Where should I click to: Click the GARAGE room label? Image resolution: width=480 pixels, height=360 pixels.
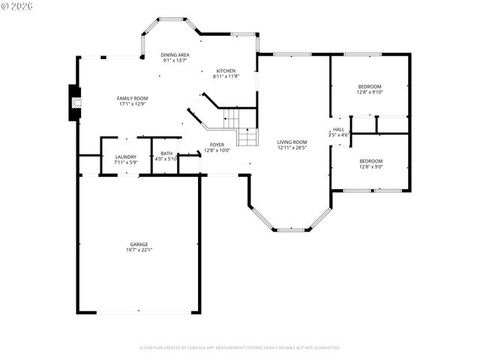point(139,244)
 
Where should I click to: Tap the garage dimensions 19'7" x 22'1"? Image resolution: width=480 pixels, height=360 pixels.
point(139,250)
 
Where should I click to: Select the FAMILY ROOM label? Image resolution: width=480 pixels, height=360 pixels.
point(132,98)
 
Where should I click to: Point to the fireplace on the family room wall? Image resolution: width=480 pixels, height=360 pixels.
point(74,103)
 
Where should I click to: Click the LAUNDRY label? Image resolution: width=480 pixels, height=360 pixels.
point(126,157)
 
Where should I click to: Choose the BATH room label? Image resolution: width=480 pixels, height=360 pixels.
point(166,153)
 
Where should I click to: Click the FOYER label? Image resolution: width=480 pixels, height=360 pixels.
point(217,144)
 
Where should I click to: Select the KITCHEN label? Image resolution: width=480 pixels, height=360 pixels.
point(226,70)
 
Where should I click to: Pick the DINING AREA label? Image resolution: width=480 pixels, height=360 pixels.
point(175,55)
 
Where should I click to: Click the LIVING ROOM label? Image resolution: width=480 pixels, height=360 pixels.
point(292,141)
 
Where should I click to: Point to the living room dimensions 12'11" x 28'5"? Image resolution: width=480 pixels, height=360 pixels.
point(292,147)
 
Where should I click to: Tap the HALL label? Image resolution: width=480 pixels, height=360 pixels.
point(339,129)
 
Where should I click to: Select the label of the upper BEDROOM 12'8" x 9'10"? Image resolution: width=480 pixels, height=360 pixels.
point(370,86)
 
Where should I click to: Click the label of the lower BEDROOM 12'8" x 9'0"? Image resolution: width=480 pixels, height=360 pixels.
point(370,161)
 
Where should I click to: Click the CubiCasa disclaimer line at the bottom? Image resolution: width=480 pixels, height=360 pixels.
point(240,348)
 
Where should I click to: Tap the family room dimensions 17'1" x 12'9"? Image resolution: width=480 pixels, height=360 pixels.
point(132,104)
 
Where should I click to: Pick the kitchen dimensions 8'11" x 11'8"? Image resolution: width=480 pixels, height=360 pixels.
point(226,76)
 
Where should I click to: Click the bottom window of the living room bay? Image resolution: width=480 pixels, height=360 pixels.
point(290,229)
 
